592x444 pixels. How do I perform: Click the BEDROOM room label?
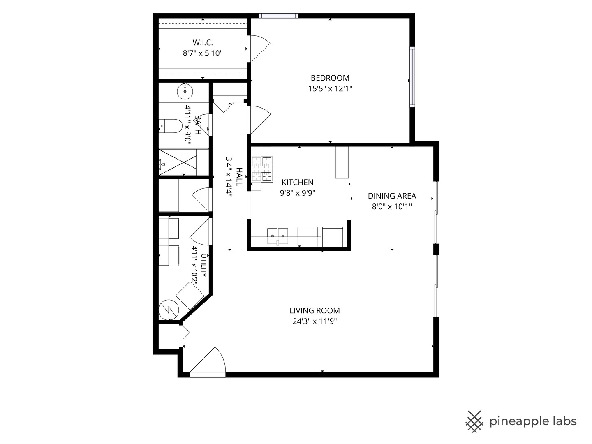[x=330, y=78]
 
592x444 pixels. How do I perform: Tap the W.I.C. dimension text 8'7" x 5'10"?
[x=203, y=53]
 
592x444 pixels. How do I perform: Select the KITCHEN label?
[x=298, y=182]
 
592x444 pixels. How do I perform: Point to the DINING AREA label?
[x=392, y=196]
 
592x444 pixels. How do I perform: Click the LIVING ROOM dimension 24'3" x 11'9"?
[x=314, y=321]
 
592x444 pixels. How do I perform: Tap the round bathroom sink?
[x=185, y=91]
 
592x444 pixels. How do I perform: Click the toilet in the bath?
[x=171, y=126]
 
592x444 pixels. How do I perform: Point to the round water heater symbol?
[x=169, y=310]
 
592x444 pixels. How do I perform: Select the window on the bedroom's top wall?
[x=279, y=16]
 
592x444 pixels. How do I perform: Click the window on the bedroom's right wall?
[x=412, y=77]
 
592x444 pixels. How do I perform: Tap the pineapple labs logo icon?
[x=474, y=422]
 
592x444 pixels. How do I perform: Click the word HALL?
[x=239, y=177]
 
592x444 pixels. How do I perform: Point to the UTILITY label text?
[x=204, y=265]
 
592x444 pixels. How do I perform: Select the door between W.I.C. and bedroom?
[x=259, y=49]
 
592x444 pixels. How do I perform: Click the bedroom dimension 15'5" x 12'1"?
[x=330, y=89]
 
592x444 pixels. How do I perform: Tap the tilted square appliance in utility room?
[x=190, y=296]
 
